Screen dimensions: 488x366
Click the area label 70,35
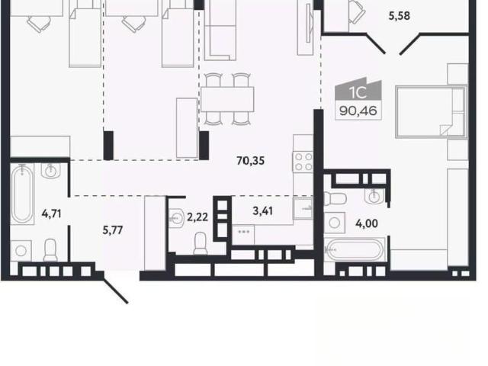251,161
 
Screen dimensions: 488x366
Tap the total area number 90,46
358,111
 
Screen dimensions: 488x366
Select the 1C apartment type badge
358,90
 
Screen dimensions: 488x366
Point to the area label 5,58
399,15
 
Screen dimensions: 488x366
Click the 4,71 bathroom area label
51,213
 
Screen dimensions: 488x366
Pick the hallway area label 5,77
113,230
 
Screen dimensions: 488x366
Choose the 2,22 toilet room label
197,217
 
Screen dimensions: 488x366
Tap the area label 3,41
263,210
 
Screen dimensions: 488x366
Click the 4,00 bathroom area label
367,223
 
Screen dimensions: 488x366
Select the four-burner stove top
303,162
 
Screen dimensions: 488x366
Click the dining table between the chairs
227,99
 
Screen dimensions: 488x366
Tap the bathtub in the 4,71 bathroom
22,194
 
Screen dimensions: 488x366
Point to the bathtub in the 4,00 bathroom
355,249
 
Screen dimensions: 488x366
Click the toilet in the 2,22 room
201,244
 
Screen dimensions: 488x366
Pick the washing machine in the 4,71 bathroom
21,251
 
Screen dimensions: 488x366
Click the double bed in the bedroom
432,112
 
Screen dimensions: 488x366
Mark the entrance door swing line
115,291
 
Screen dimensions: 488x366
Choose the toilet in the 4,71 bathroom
50,250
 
